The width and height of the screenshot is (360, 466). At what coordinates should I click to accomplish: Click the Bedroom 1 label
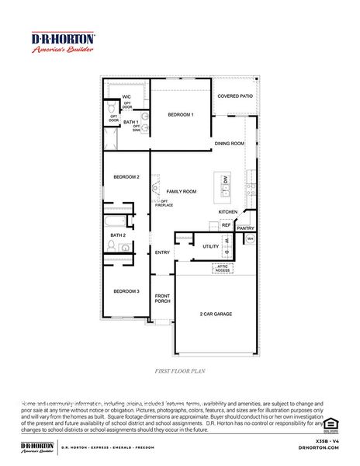tap(180, 115)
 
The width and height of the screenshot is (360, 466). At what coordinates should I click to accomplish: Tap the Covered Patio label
tap(234, 96)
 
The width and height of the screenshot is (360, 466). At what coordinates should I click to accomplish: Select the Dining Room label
tap(229, 144)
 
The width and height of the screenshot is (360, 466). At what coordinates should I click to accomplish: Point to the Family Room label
tap(182, 191)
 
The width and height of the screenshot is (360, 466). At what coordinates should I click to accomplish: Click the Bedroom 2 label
tap(126, 177)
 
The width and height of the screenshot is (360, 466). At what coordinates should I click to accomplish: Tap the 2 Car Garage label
tap(216, 314)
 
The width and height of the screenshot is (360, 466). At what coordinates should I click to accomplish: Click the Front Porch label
tap(162, 298)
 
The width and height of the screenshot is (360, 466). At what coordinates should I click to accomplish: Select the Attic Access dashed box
tap(223, 268)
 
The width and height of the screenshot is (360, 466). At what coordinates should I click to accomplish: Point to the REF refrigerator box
tap(226, 225)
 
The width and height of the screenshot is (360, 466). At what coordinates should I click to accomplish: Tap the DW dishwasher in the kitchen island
tap(225, 180)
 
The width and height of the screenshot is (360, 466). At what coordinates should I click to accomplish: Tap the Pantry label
tap(245, 228)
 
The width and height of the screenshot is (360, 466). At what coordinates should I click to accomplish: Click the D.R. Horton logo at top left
tap(63, 42)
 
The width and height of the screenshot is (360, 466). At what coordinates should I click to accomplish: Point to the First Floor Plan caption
tap(179, 371)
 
